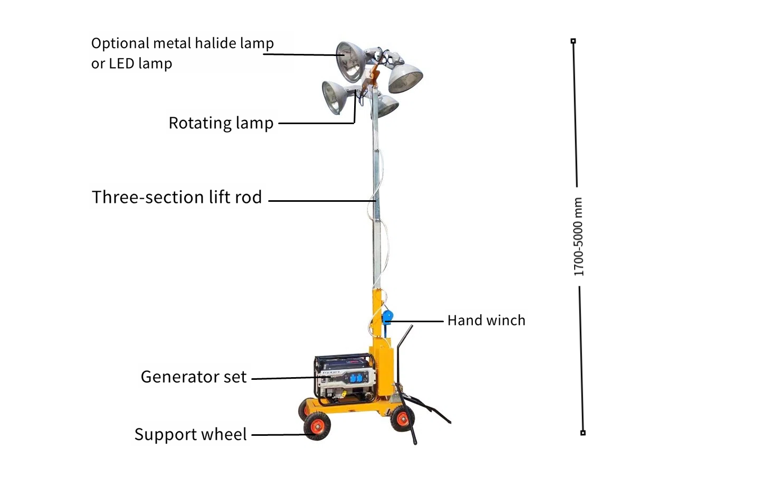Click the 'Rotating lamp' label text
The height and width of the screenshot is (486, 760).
221,123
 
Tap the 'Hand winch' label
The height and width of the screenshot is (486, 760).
486,320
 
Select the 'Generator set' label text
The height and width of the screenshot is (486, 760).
193,377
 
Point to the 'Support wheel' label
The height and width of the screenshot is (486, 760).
191,434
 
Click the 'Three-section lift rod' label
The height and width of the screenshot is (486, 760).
177,197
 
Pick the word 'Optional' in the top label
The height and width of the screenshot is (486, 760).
120,44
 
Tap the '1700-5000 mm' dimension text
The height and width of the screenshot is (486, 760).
578,237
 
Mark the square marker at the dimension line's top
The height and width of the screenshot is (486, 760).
573,41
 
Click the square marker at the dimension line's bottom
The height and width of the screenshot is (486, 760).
583,433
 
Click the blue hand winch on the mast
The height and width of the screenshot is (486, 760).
387,318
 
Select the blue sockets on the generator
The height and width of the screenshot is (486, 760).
358,377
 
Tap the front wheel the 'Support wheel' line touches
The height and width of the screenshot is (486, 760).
317,426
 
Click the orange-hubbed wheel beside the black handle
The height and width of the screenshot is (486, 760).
402,418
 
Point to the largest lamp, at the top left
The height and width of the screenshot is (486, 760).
351,62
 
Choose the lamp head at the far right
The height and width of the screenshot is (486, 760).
405,78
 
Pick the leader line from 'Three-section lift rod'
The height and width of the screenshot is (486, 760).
322,201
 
